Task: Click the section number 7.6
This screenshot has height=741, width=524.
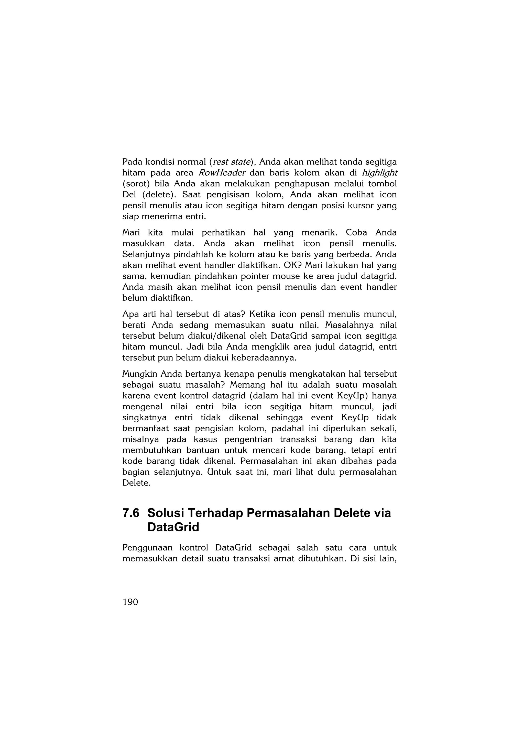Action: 131,513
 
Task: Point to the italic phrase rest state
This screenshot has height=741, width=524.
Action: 232,162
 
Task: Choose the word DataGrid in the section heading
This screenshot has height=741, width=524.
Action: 173,527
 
